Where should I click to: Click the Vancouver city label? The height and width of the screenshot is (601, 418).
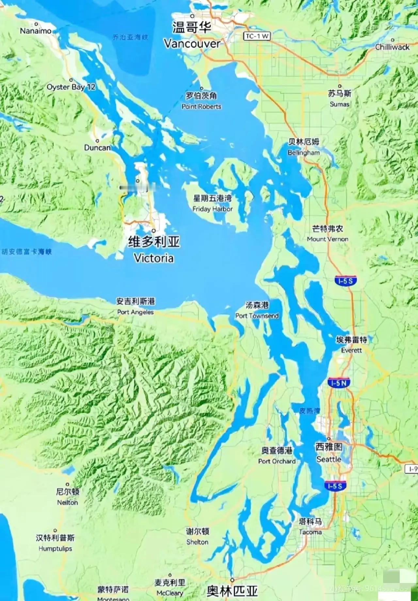click(x=192, y=43)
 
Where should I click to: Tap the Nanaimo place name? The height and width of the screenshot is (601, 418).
click(x=36, y=31)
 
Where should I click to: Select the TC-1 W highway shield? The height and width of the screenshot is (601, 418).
click(x=257, y=36)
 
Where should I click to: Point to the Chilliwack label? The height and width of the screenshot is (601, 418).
click(x=392, y=47)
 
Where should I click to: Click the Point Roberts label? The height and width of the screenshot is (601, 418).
click(x=201, y=106)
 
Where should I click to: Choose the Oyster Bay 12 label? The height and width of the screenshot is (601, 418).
click(x=71, y=87)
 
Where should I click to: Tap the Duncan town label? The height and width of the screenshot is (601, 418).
click(x=97, y=148)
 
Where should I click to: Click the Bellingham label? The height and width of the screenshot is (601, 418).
click(x=304, y=153)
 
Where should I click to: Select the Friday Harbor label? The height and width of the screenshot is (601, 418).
click(x=212, y=209)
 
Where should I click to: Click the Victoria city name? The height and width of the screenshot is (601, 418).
click(x=153, y=258)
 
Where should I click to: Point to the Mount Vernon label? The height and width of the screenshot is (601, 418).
click(x=327, y=239)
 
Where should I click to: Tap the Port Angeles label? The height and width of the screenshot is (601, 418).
click(x=135, y=312)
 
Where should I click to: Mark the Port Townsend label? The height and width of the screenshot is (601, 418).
click(x=257, y=316)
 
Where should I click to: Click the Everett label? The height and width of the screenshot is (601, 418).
click(x=351, y=350)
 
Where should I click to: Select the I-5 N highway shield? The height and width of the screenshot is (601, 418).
click(x=338, y=383)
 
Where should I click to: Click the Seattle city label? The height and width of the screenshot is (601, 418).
click(x=329, y=459)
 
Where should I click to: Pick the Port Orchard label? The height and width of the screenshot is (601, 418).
click(x=277, y=461)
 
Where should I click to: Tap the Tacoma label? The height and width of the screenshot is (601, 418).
click(x=310, y=532)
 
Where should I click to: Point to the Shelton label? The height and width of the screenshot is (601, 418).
click(x=197, y=542)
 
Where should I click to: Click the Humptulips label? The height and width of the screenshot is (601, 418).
click(x=55, y=548)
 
